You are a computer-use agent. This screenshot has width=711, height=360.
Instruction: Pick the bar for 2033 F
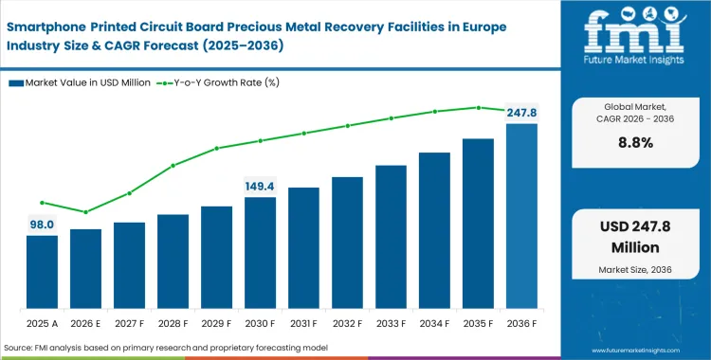391,236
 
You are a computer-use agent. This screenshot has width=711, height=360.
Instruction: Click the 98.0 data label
41,224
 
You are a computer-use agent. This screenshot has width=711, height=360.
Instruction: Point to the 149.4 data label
260,186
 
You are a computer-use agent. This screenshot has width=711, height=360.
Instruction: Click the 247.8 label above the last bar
520,112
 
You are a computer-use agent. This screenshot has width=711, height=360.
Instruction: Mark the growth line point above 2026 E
85,212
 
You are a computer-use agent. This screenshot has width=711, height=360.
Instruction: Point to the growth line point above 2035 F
478,107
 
